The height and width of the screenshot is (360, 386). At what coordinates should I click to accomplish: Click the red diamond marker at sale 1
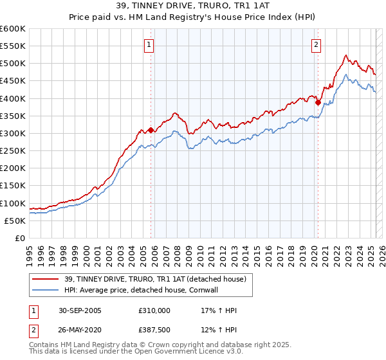(x=151, y=130)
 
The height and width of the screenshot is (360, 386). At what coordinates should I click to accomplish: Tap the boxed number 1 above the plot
(x=149, y=45)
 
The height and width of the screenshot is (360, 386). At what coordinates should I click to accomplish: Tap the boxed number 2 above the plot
(x=317, y=45)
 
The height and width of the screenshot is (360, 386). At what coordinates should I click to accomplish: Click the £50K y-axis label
(x=15, y=221)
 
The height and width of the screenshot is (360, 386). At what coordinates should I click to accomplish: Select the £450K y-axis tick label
(x=13, y=81)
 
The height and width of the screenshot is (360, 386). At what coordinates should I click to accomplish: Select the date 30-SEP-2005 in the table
(x=79, y=310)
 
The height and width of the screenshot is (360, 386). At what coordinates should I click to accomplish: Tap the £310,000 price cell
(x=154, y=310)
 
